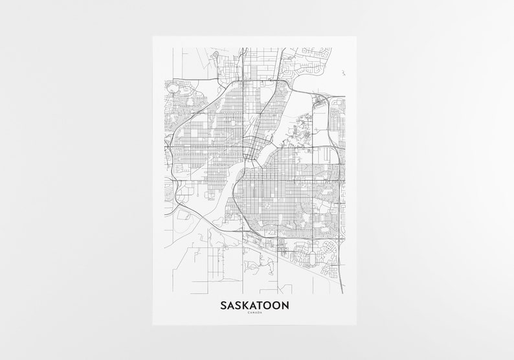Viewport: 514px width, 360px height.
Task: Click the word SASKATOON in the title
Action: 254,304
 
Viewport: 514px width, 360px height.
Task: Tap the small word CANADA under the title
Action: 254,315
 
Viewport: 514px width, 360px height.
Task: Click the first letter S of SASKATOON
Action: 224,304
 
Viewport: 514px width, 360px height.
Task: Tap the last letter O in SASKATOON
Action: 276,304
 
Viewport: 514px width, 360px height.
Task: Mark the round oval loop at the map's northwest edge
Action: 173,85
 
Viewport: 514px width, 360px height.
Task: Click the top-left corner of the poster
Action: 153,36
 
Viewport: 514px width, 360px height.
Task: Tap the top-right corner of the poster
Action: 357,36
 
